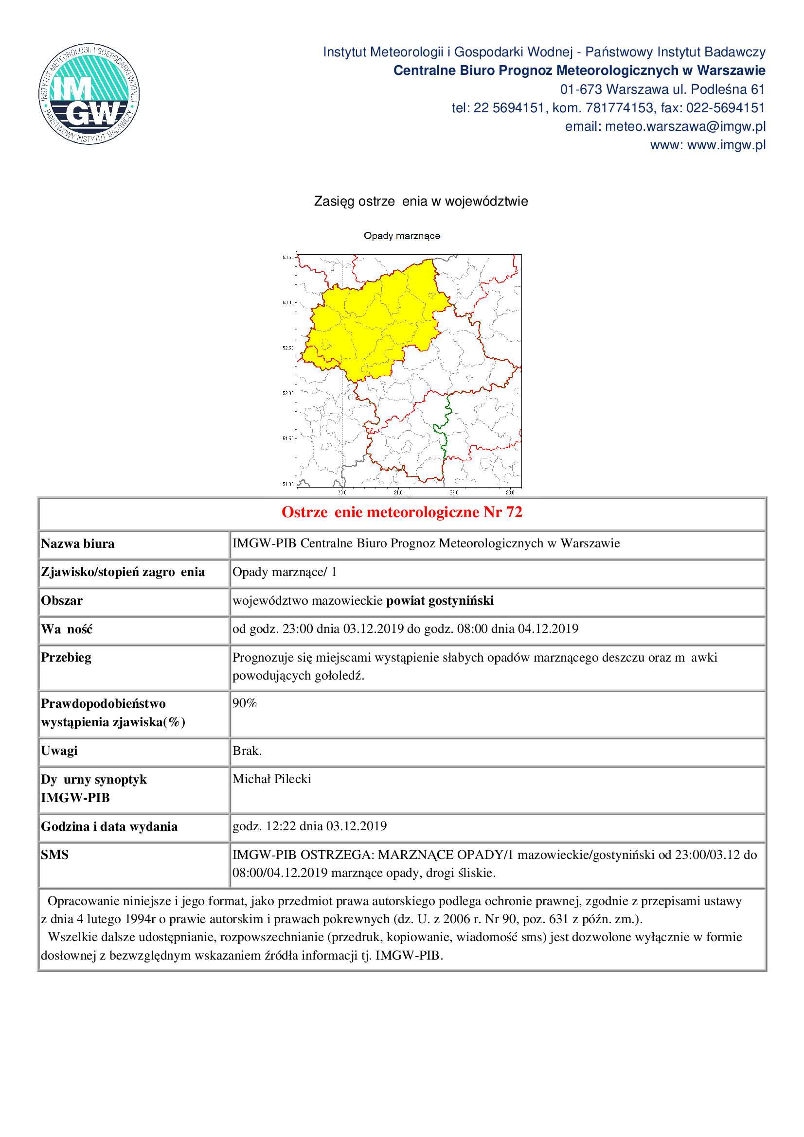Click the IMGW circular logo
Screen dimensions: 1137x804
click(89, 94)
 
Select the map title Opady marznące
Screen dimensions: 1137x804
click(402, 236)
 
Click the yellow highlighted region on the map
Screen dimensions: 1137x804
click(376, 322)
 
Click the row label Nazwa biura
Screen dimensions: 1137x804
click(78, 544)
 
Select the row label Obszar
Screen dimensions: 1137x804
click(62, 601)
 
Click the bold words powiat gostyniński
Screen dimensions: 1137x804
click(440, 601)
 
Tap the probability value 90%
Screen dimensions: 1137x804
click(245, 703)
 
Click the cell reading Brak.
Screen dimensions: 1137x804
click(247, 751)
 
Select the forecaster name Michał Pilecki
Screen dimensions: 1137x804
click(272, 779)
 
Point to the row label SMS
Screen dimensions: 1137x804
click(55, 855)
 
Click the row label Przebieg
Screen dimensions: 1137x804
click(66, 658)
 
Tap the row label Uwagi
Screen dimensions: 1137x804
click(59, 751)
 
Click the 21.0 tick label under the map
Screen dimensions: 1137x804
click(398, 492)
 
